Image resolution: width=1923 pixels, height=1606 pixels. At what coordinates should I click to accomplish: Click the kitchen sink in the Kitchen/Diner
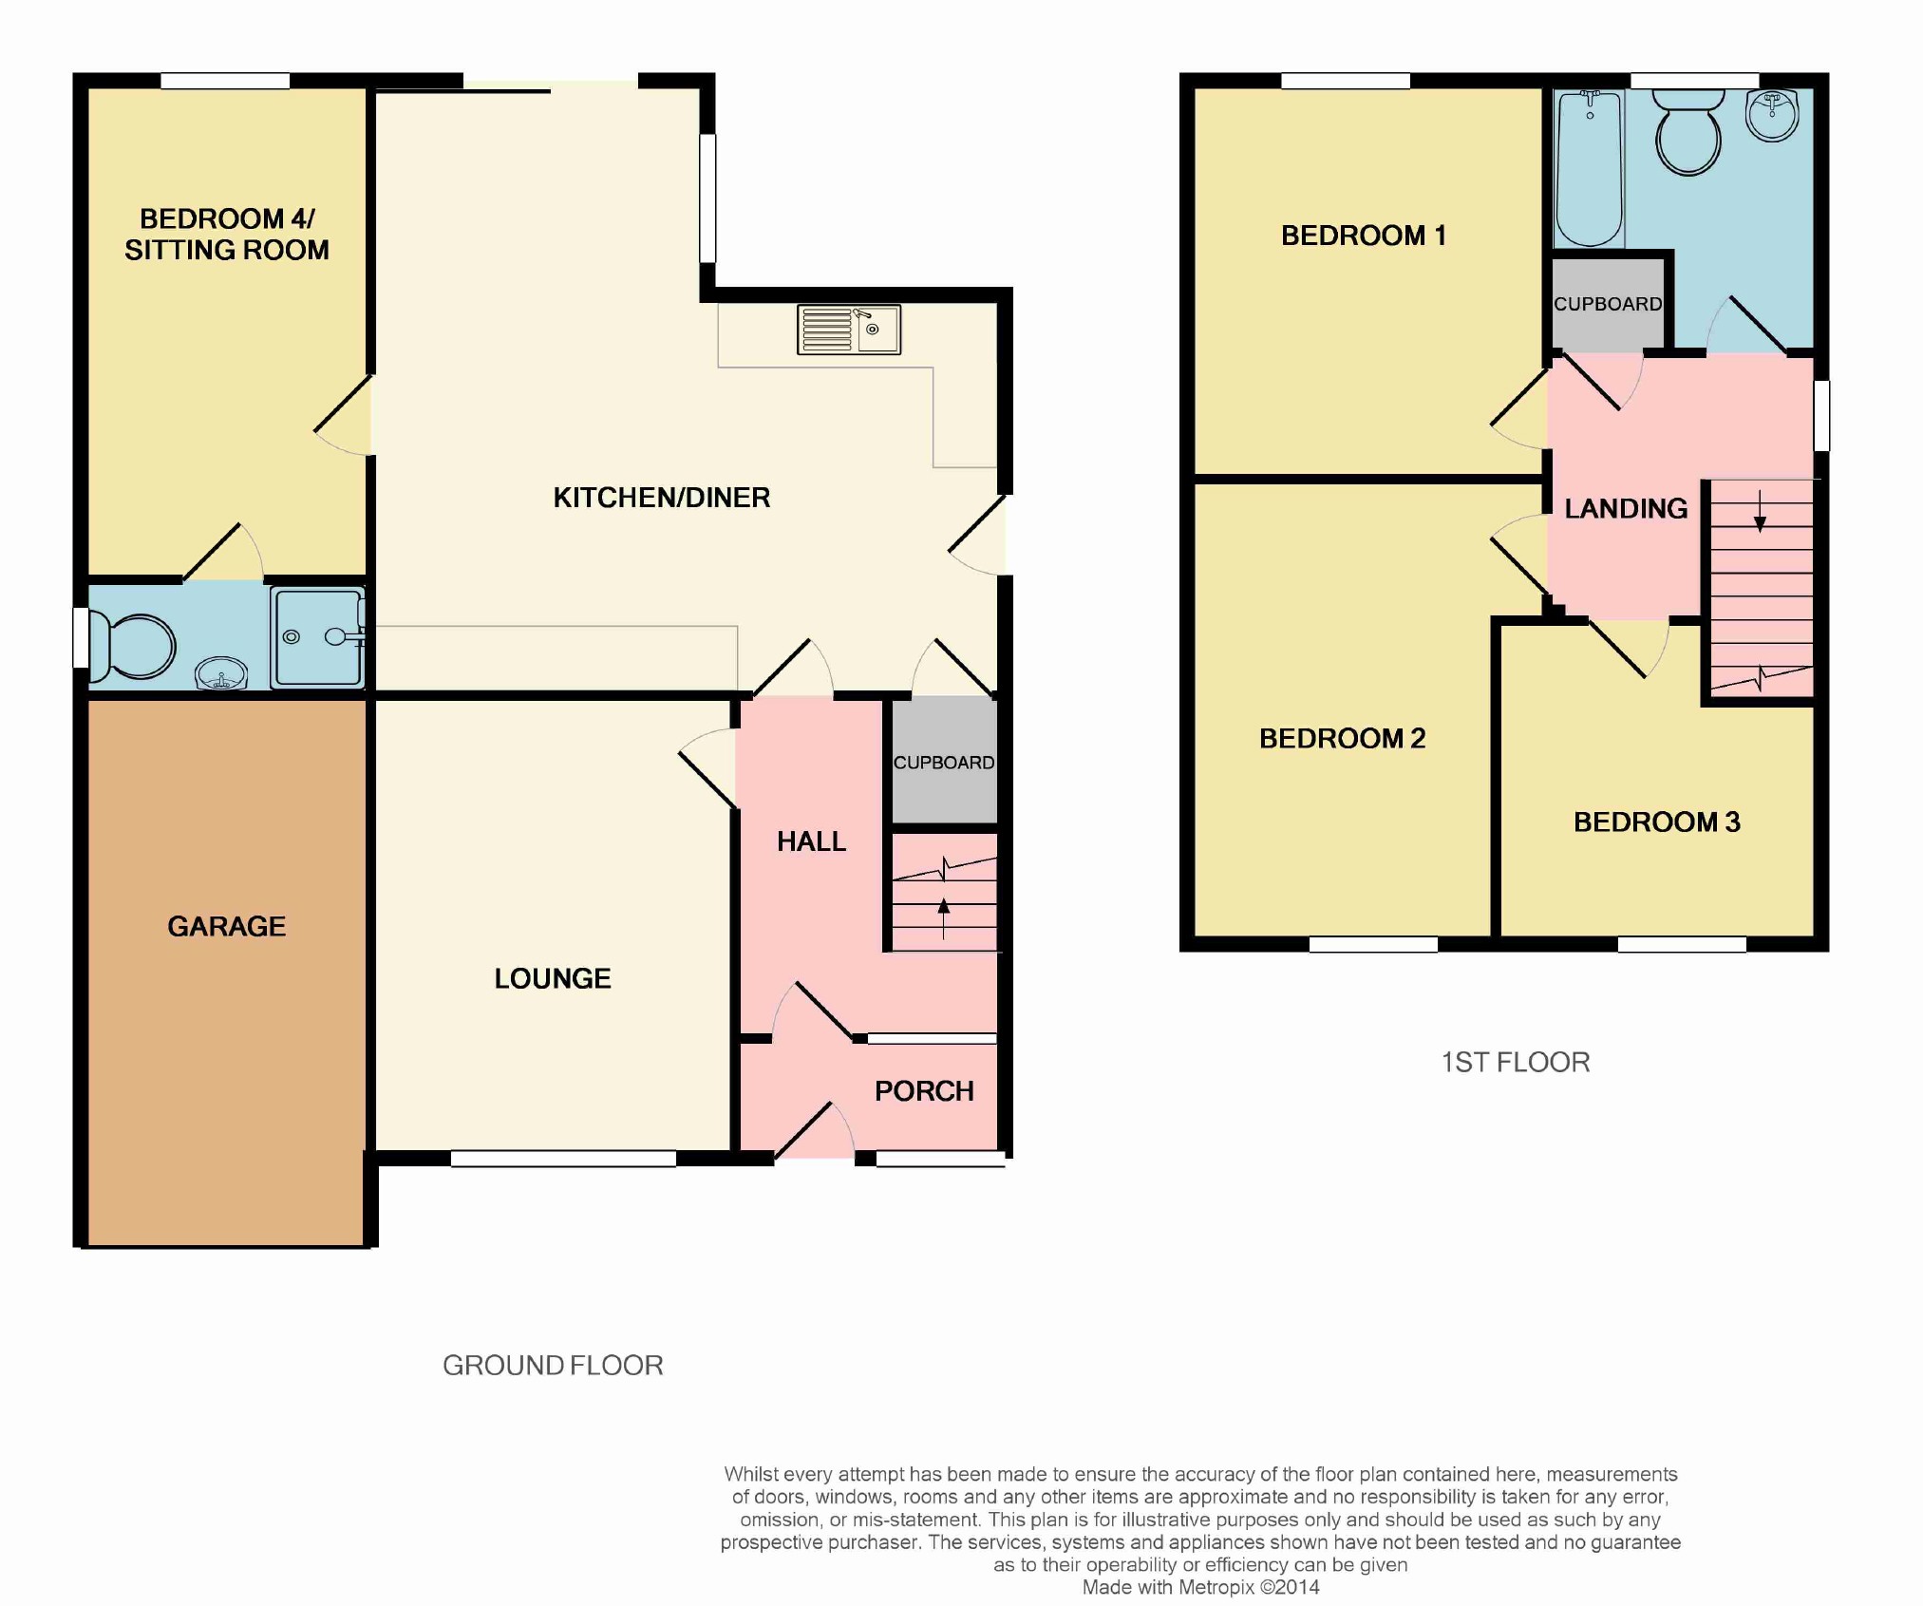849,330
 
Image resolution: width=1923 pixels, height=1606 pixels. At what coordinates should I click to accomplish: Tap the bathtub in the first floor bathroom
1589,168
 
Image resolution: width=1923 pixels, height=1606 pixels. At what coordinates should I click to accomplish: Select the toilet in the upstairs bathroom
1687,135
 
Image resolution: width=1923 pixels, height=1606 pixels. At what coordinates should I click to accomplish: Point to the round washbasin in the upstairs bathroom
1772,117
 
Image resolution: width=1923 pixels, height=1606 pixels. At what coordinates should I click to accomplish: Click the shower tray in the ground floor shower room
316,637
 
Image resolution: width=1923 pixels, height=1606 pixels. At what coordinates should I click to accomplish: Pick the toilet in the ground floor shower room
136,646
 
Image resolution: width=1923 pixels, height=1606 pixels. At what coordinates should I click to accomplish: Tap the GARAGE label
226,926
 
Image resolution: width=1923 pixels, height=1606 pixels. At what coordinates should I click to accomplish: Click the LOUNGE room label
552,978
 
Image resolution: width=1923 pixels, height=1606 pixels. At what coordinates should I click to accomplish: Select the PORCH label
923,1091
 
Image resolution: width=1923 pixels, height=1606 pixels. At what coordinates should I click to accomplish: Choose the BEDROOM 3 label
1656,822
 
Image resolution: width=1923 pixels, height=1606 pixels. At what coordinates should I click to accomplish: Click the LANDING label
1626,509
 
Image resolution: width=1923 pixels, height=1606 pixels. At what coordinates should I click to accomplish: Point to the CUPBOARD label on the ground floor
943,763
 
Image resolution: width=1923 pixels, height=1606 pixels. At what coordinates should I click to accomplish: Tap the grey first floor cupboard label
1607,304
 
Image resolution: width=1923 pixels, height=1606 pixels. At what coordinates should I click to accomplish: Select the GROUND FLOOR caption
553,1365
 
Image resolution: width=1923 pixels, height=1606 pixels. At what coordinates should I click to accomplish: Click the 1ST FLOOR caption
1515,1062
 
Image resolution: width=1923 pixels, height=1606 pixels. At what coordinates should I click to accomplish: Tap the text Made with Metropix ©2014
1200,1587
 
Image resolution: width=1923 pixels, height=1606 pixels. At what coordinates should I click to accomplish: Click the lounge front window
562,1159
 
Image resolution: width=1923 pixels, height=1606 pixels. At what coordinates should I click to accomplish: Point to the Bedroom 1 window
1345,82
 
